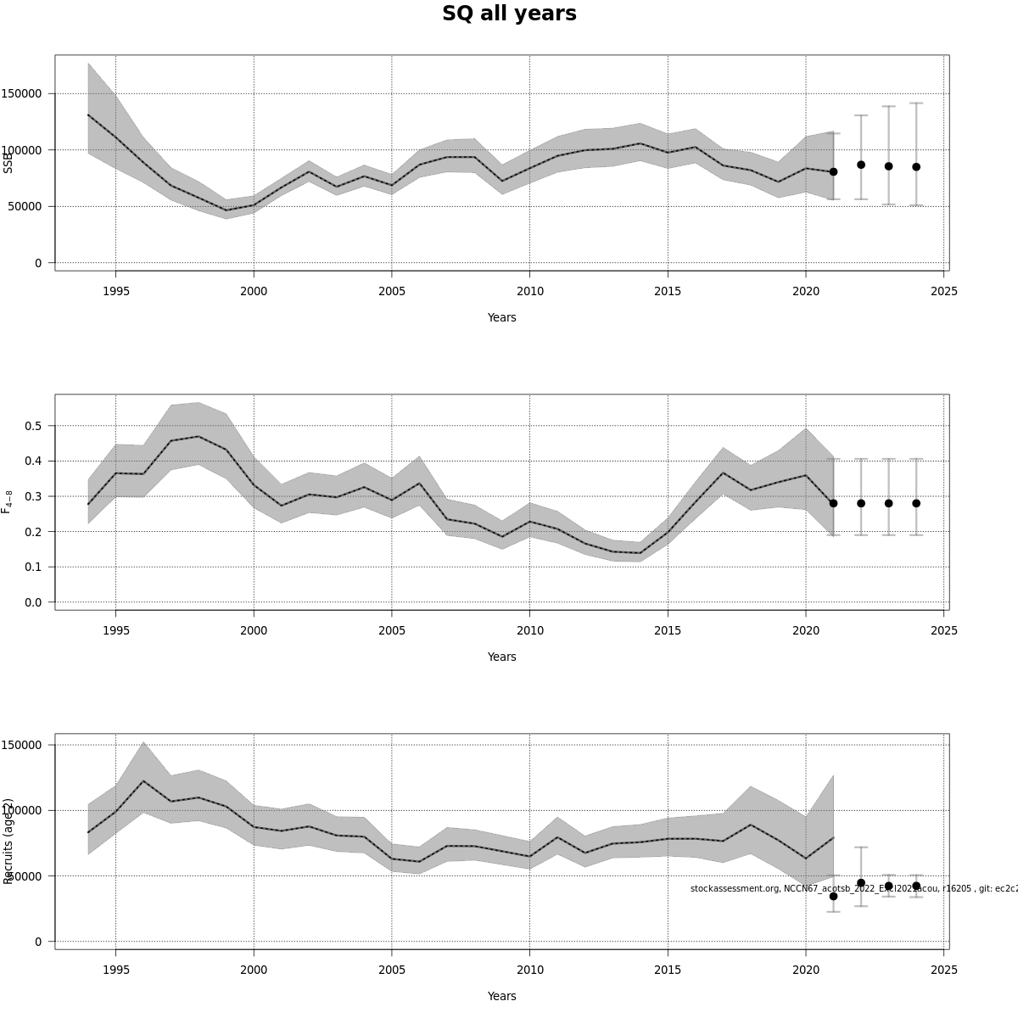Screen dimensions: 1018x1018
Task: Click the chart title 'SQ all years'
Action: click(509, 14)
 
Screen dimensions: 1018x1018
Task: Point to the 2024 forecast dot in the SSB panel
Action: click(916, 167)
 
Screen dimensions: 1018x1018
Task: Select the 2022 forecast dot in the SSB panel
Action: click(861, 165)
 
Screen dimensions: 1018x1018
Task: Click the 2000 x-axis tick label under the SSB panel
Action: click(254, 291)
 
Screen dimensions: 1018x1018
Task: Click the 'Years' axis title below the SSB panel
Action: click(501, 317)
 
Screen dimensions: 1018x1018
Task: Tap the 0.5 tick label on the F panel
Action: click(34, 425)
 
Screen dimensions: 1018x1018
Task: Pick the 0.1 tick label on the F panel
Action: click(34, 567)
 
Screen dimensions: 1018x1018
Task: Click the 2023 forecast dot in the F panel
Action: click(888, 503)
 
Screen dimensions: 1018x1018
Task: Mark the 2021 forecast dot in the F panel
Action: click(833, 503)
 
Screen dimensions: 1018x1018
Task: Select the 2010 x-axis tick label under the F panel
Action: click(529, 630)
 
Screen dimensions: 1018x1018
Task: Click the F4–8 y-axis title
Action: click(8, 501)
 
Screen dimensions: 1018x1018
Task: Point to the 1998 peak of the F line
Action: click(199, 436)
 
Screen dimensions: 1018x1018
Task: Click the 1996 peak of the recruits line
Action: click(143, 780)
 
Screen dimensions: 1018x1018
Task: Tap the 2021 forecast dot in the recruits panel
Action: click(833, 896)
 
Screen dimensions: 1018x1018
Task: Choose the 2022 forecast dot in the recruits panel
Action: click(861, 883)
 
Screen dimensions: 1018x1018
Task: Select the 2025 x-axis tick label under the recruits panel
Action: click(943, 970)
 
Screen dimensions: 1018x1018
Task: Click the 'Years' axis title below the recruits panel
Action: click(501, 996)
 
